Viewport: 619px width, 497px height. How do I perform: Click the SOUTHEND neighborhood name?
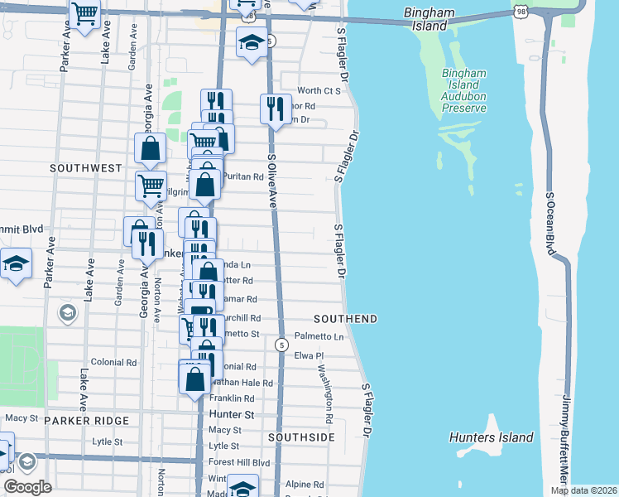pos(346,319)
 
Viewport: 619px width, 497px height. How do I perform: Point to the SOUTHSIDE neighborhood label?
pos(302,437)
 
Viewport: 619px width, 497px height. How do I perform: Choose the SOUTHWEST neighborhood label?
pos(86,168)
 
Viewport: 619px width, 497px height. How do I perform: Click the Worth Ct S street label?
pos(319,90)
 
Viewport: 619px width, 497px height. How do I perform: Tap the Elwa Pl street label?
pos(309,355)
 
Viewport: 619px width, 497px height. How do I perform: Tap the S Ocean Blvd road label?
pos(549,224)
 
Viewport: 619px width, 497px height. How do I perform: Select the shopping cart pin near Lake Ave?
pos(85,14)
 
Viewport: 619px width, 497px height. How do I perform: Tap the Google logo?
pos(27,486)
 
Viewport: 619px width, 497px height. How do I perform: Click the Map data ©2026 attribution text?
pos(583,490)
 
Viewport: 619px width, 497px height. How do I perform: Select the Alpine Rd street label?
pos(305,485)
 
